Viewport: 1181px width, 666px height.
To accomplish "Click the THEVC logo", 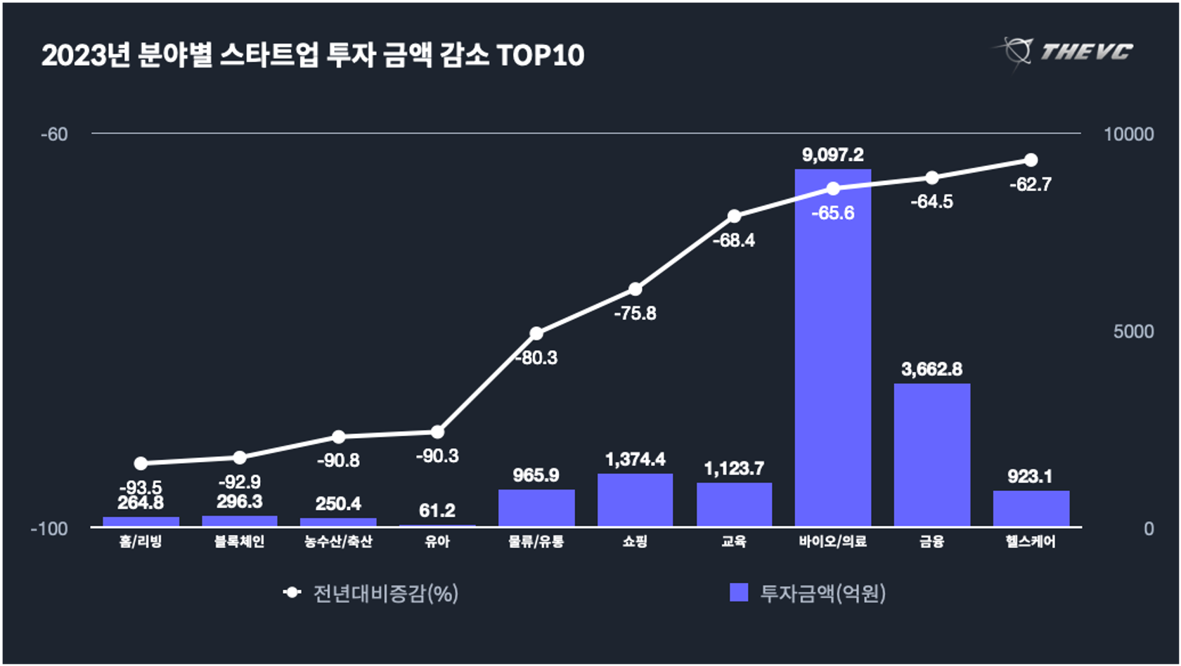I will (1065, 51).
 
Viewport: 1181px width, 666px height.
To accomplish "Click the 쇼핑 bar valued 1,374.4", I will (635, 500).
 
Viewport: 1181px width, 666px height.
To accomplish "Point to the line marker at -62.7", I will (1031, 160).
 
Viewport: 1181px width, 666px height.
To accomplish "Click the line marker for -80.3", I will (536, 333).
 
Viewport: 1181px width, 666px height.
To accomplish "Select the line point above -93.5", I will (141, 463).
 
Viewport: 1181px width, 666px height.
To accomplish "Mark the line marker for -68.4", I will (734, 216).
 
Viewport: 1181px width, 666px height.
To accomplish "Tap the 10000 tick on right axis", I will (1128, 134).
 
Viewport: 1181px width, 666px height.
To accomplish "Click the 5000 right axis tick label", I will (1133, 331).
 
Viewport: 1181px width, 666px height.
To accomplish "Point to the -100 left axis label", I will (49, 529).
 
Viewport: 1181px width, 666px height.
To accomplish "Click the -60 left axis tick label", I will (54, 134).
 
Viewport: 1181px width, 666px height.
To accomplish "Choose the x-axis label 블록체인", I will (239, 542).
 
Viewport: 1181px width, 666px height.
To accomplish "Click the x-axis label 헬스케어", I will (1031, 542).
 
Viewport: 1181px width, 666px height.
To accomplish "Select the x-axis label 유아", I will (437, 542).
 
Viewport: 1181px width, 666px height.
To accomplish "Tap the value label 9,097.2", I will (832, 155).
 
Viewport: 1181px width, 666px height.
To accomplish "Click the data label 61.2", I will (437, 511).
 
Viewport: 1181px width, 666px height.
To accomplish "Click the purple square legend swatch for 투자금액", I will (739, 592).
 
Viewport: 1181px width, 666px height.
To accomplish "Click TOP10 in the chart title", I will (540, 56).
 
